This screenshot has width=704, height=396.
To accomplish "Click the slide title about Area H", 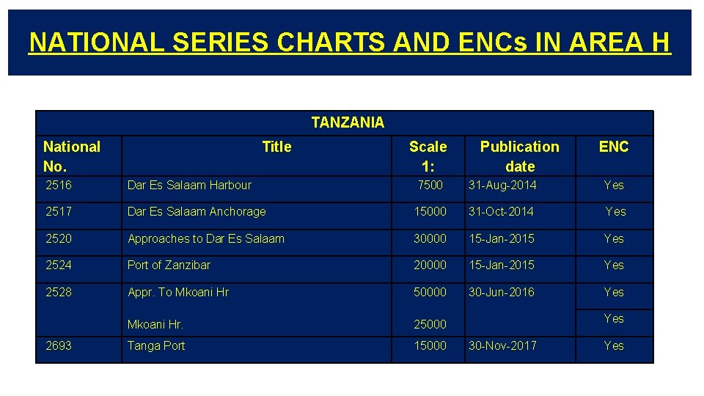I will tap(349, 43).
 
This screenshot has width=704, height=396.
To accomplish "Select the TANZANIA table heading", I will tap(347, 122).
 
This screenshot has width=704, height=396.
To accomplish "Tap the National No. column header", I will tap(72, 156).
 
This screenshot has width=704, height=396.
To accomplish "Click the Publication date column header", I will tap(519, 156).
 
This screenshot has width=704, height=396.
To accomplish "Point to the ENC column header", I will tap(614, 147).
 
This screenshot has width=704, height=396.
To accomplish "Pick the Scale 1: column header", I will tap(428, 156).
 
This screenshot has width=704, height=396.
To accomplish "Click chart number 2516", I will tap(59, 185).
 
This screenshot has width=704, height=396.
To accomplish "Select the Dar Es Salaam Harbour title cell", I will tap(189, 185).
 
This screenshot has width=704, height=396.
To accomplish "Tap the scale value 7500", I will tap(430, 185).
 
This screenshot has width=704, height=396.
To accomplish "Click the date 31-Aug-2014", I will tap(503, 185).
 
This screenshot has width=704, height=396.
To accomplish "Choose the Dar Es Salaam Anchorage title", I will tap(197, 211).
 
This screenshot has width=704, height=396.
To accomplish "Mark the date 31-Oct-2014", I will tap(502, 211).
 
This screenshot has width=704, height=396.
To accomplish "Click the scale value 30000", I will tap(430, 238).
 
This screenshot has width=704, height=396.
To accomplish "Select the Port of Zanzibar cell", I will tap(169, 265).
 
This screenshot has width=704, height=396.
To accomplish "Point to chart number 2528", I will tap(59, 292).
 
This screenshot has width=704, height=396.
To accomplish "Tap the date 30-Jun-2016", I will tap(502, 292).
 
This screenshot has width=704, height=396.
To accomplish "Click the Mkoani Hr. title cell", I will tap(155, 324).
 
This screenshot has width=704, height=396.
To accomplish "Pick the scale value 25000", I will tap(430, 324).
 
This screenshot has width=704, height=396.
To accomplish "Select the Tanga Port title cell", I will tap(156, 345).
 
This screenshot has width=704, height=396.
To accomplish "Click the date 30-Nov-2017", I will tap(503, 345).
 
